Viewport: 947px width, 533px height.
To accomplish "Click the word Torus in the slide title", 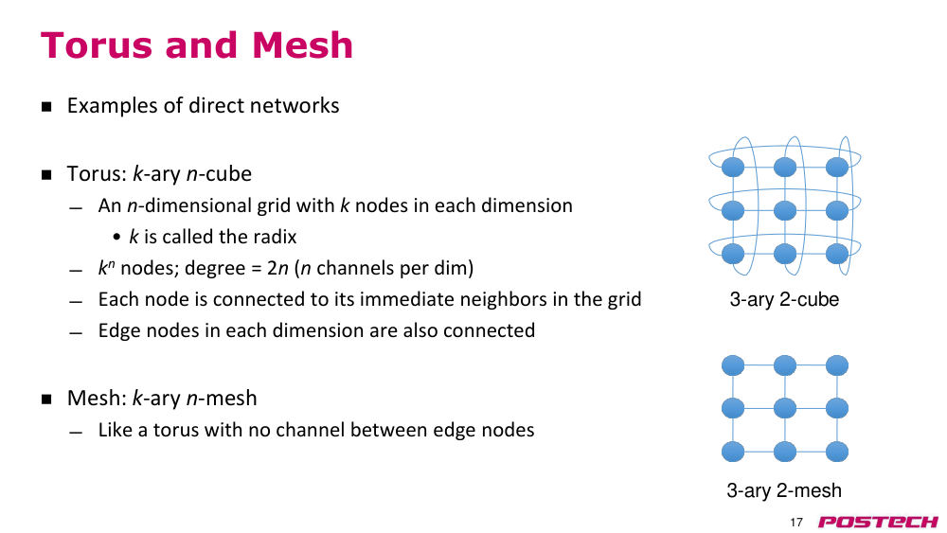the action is (x=97, y=45).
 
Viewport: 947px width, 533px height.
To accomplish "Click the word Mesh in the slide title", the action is (x=302, y=45).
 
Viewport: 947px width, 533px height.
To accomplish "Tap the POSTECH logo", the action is (x=878, y=522).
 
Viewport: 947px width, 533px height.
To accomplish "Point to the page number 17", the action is (x=796, y=523).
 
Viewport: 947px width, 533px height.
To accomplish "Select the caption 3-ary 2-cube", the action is (x=784, y=299).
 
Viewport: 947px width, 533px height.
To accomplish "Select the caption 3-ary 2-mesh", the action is (x=784, y=490).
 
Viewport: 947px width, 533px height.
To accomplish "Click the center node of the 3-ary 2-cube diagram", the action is (x=784, y=211).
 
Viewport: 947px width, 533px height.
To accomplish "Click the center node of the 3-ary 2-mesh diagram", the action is (x=784, y=409).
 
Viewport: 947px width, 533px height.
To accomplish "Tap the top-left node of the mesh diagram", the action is (x=733, y=365).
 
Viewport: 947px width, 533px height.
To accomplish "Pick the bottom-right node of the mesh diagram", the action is (x=836, y=452).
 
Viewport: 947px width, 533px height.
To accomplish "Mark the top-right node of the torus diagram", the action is (x=836, y=168).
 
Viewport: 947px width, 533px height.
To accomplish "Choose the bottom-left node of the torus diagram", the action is (x=733, y=254).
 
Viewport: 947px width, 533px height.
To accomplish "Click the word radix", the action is (x=276, y=237).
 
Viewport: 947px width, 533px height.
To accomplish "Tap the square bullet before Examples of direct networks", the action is (x=46, y=107).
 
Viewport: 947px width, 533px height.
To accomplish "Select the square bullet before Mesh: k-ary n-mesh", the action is (x=46, y=399).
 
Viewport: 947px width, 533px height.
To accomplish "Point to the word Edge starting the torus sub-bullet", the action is (x=117, y=330).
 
